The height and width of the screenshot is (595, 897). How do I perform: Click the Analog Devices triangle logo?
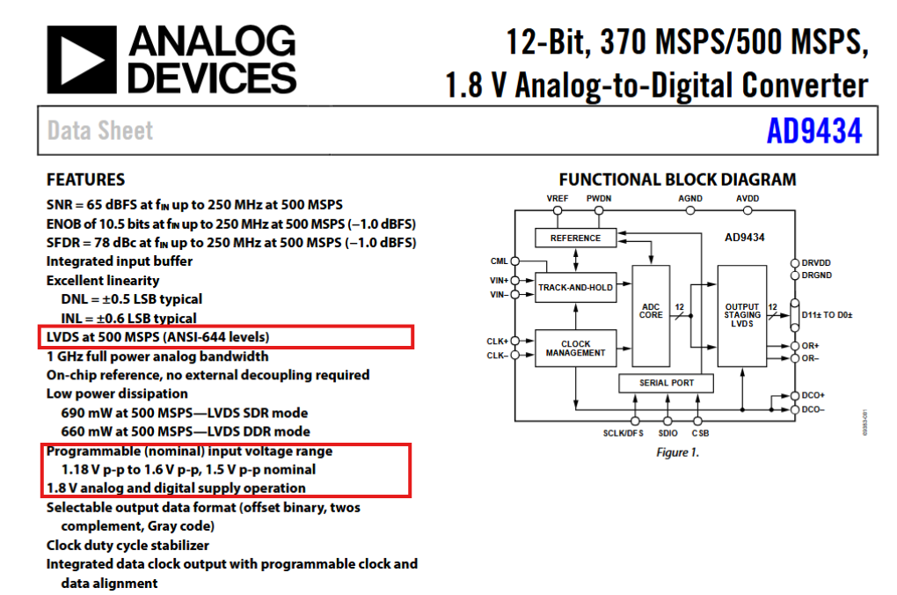point(82,59)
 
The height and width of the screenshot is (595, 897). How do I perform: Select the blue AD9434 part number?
point(813,131)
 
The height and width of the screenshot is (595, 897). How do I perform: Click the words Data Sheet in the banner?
point(100,131)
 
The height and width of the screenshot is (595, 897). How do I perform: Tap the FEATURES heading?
point(85,180)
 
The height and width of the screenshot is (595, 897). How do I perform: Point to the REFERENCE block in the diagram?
point(575,238)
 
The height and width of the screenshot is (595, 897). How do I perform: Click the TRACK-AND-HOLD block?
point(575,287)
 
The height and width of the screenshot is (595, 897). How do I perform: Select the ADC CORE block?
point(651,312)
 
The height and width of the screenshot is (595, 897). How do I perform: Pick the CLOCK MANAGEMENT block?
point(575,348)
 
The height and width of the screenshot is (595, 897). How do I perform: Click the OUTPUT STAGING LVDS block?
point(741,314)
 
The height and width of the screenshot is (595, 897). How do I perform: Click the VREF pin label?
point(557,199)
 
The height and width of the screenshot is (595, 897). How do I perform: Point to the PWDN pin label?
point(599,199)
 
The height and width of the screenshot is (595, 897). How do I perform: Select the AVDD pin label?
point(747,199)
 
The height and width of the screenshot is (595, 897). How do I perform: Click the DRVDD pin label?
point(816,262)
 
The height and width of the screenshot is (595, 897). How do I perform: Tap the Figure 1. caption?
point(677,452)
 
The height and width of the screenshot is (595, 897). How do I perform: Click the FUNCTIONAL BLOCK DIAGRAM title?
point(677,180)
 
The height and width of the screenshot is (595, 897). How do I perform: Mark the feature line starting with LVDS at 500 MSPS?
point(157,337)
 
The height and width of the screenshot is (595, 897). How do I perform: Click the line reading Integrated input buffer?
point(119,261)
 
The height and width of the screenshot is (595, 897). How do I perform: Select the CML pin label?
point(499,261)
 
